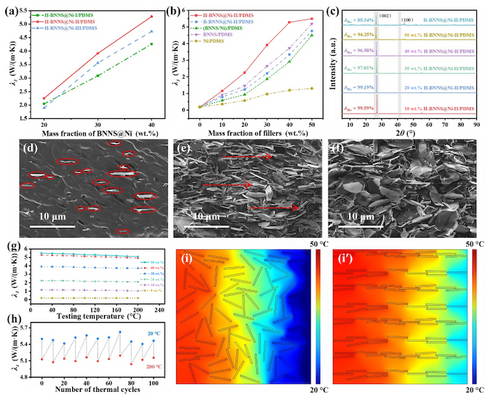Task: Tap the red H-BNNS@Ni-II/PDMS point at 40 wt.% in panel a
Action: tap(151, 17)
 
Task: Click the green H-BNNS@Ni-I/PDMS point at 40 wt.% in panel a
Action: tap(151, 44)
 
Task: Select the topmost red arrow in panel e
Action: tap(246, 157)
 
